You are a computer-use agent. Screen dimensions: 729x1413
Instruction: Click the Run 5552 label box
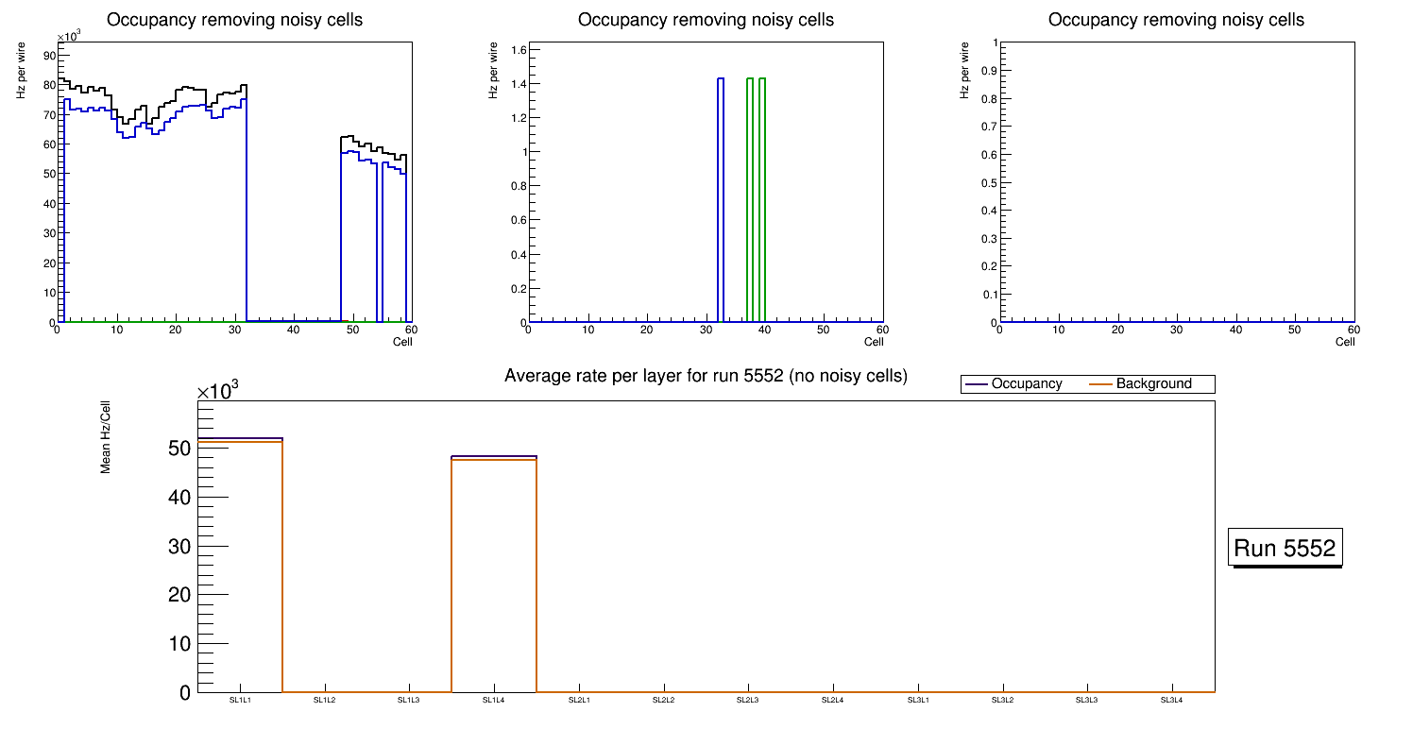click(x=1286, y=548)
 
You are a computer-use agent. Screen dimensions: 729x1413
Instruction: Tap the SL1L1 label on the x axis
click(x=240, y=701)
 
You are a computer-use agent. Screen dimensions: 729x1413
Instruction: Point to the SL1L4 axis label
click(x=494, y=701)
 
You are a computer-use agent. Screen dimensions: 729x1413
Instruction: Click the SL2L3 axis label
click(x=748, y=701)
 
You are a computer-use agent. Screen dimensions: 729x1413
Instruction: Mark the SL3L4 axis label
click(x=1172, y=701)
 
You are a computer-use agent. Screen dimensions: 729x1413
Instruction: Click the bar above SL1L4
click(x=494, y=576)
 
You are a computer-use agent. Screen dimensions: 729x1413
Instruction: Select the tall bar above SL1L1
click(x=240, y=567)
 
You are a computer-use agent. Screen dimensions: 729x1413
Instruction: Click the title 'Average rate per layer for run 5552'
click(x=706, y=376)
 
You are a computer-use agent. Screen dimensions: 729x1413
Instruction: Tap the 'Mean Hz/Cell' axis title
click(x=106, y=444)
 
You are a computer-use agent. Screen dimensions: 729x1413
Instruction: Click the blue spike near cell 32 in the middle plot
click(x=721, y=198)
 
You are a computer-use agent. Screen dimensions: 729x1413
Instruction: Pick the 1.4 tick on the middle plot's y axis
click(x=515, y=84)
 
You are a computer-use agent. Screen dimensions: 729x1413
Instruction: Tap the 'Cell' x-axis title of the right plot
click(x=1345, y=342)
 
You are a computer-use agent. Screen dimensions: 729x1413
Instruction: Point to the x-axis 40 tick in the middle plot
click(x=764, y=330)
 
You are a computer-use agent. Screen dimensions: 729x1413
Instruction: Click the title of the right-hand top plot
click(x=1176, y=20)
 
